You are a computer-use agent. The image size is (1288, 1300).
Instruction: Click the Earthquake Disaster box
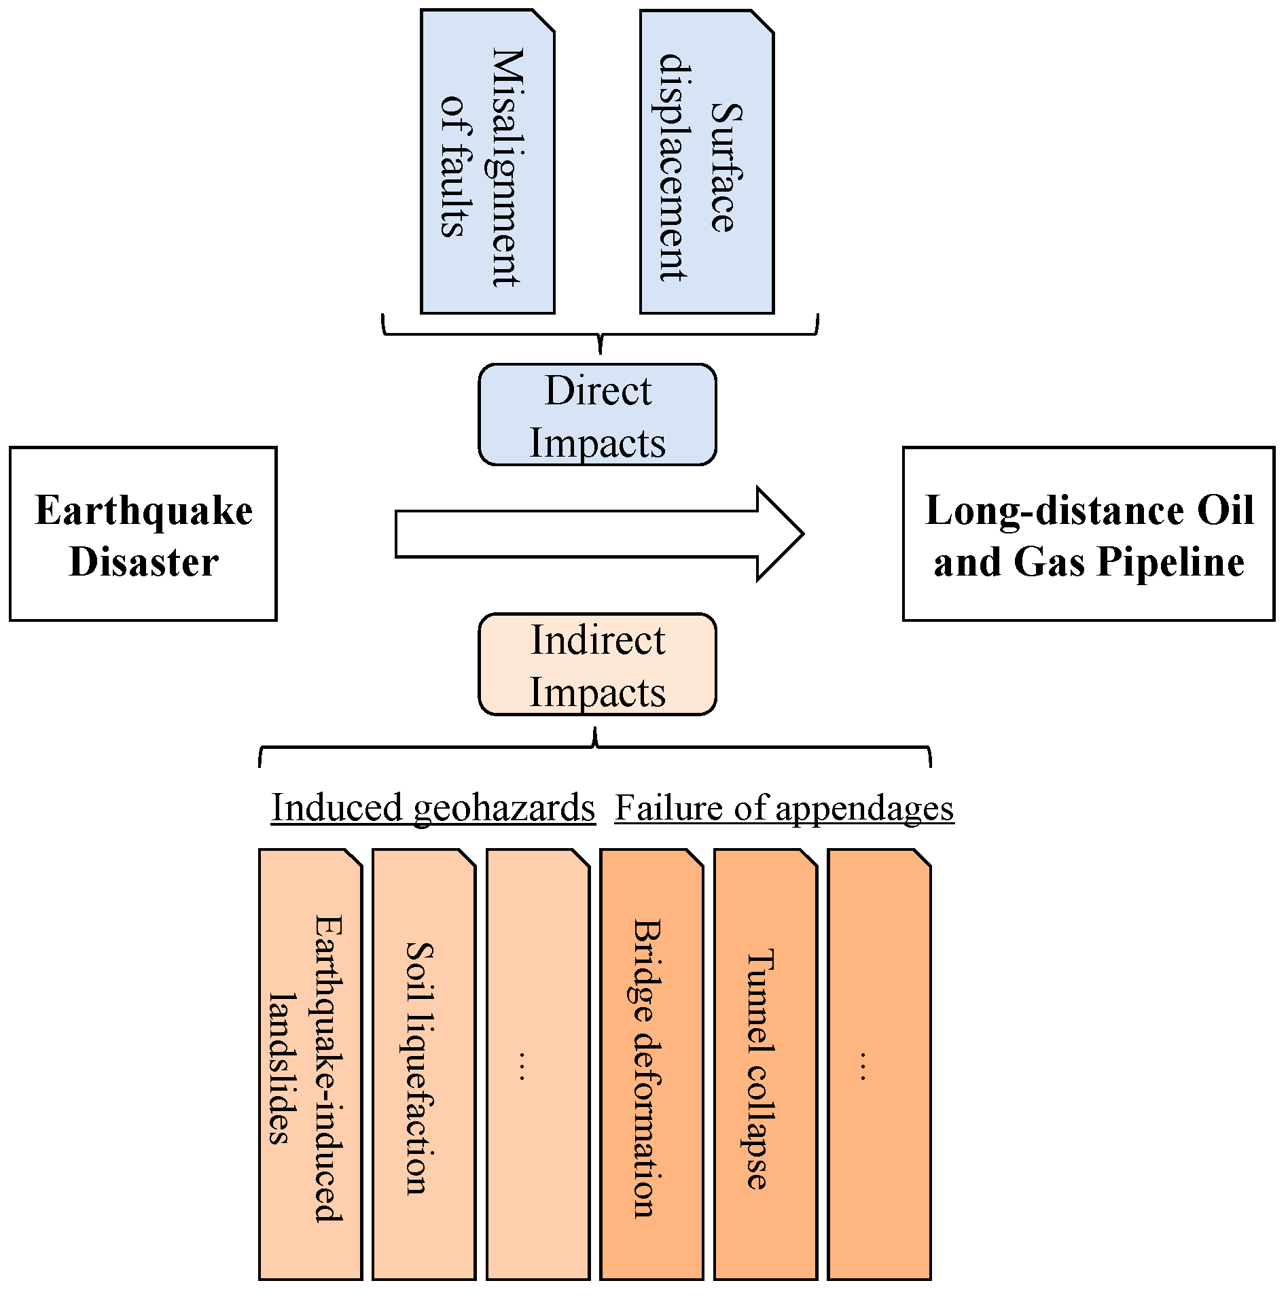[x=143, y=533]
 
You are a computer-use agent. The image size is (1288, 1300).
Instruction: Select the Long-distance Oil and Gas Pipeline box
[x=1088, y=533]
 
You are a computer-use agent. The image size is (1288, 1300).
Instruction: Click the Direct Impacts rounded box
[x=597, y=415]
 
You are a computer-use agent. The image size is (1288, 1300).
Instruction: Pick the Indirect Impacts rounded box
[x=597, y=664]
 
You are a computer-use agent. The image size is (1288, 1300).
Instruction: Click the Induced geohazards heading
[x=433, y=807]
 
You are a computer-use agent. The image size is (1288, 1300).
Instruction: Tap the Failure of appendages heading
[x=784, y=807]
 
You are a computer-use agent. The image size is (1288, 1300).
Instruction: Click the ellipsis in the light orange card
[x=522, y=1066]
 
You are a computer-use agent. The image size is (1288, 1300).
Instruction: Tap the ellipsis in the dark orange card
[x=863, y=1066]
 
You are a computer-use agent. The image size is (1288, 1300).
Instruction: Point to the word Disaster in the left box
[x=143, y=563]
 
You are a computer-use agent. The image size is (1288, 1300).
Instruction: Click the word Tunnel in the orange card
[x=760, y=1000]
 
